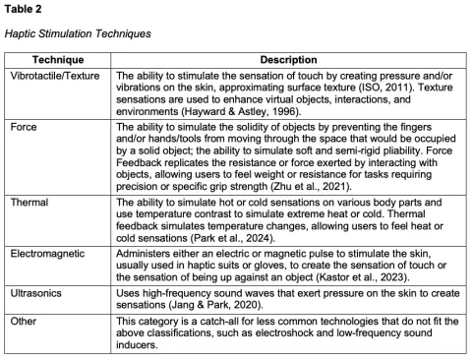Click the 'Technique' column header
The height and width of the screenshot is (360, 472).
pos(57,60)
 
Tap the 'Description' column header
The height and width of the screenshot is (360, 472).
pos(288,60)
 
